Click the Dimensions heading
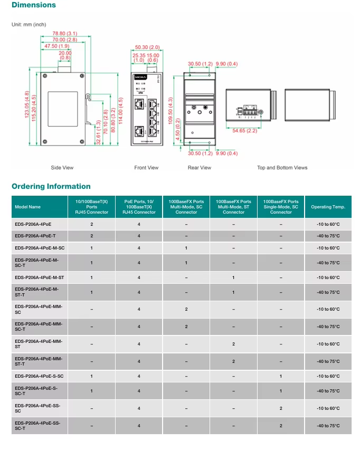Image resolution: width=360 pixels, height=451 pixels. click(33, 5)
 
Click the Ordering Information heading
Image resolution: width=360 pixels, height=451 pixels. click(51, 186)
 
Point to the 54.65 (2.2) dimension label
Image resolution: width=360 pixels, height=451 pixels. click(245, 130)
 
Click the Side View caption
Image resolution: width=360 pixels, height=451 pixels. click(62, 168)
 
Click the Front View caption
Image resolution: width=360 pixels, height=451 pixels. click(146, 168)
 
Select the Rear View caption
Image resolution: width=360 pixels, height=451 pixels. click(199, 168)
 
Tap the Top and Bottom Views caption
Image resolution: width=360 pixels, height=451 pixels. click(282, 168)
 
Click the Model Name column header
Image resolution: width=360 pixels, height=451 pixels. click(27, 207)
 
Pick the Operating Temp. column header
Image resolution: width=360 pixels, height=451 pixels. click(328, 207)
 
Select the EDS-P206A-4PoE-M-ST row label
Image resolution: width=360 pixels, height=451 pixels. click(40, 277)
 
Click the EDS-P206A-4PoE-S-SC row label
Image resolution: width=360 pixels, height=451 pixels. click(39, 376)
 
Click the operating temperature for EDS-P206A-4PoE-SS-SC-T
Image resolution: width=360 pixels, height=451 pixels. click(328, 426)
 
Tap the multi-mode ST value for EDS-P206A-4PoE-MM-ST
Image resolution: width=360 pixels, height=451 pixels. click(233, 344)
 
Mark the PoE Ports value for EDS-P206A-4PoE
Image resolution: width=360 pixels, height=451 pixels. click(139, 224)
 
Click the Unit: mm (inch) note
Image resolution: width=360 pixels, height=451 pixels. click(30, 24)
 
